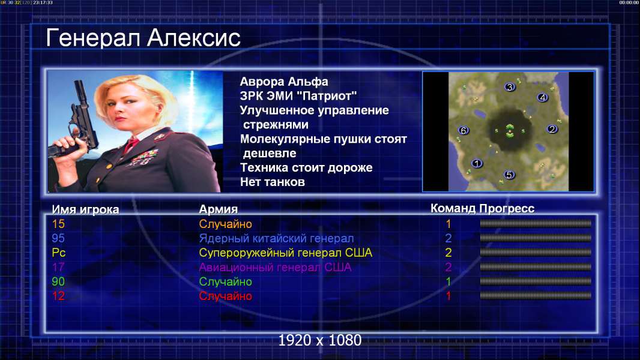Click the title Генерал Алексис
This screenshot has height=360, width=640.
[x=143, y=38]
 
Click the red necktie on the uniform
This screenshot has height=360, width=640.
[x=131, y=145]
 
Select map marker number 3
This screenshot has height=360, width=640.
[x=509, y=87]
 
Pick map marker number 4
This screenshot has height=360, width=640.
[x=542, y=97]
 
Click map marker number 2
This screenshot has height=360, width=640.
[x=552, y=129]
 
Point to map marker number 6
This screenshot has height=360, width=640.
[x=463, y=130]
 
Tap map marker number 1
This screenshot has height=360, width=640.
[x=477, y=163]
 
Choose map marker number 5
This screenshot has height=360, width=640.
[x=509, y=175]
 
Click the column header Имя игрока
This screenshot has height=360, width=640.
[x=85, y=209]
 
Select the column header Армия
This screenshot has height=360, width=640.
[x=219, y=209]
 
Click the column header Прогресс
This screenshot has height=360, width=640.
[x=507, y=209]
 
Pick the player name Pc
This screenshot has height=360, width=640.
[x=59, y=253]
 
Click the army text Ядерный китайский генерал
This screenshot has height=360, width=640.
[x=276, y=239]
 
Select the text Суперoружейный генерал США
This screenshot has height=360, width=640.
[x=286, y=253]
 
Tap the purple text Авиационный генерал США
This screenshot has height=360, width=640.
[x=275, y=268]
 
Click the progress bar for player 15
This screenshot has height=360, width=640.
[x=536, y=223]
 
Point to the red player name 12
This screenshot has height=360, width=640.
[x=58, y=296]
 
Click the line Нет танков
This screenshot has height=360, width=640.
[x=273, y=182]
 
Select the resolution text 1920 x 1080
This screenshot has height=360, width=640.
[x=320, y=340]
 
